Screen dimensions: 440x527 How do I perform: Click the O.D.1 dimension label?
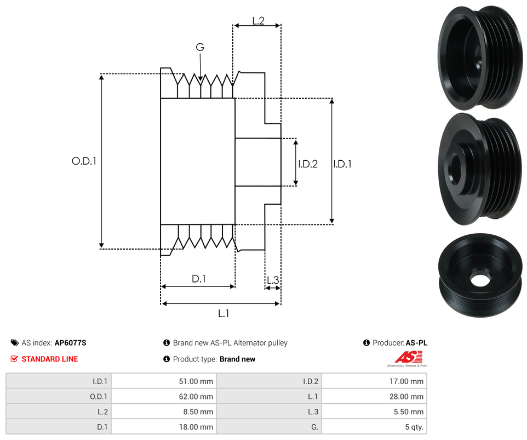pyautogui.click(x=84, y=161)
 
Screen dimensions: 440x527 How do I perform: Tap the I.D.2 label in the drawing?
pyautogui.click(x=308, y=163)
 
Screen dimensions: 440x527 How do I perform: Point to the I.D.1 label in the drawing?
pyautogui.click(x=342, y=163)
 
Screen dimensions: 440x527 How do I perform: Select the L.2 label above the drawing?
pyautogui.click(x=259, y=21)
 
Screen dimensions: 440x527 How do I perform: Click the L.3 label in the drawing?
pyautogui.click(x=272, y=280)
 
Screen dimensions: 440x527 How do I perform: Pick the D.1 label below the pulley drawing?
pyautogui.click(x=198, y=279)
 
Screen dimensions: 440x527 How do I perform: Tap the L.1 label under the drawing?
pyautogui.click(x=223, y=313)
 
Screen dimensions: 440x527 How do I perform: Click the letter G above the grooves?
pyautogui.click(x=200, y=48)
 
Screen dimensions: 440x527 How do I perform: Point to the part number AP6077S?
pyautogui.click(x=70, y=343)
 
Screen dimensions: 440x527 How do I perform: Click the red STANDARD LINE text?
pyautogui.click(x=49, y=359)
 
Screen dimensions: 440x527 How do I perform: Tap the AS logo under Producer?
pyautogui.click(x=406, y=358)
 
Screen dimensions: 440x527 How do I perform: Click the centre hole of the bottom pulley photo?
pyautogui.click(x=479, y=280)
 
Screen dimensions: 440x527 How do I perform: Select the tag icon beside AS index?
pyautogui.click(x=15, y=343)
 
